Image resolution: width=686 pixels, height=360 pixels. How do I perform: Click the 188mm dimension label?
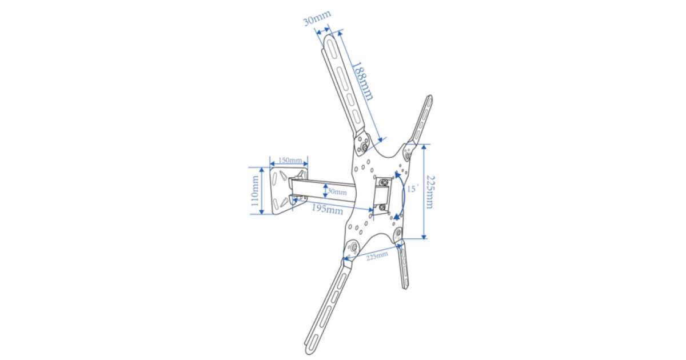[x=363, y=81]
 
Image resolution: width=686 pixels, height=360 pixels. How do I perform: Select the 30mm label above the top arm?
[x=317, y=18]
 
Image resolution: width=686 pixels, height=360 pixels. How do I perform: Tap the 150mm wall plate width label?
[x=290, y=160]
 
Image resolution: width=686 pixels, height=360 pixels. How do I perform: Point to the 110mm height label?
[x=255, y=191]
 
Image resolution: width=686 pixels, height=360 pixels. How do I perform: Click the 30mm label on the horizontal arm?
[x=337, y=192]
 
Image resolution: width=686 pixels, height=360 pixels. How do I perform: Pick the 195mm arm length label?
[x=327, y=210]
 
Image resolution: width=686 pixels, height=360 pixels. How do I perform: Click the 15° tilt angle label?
[x=412, y=189]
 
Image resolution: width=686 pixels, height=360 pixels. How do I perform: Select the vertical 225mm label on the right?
[x=430, y=192]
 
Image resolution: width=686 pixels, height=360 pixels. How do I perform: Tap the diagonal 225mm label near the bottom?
[x=377, y=255]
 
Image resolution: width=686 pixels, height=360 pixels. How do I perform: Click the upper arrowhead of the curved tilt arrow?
[x=397, y=175]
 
